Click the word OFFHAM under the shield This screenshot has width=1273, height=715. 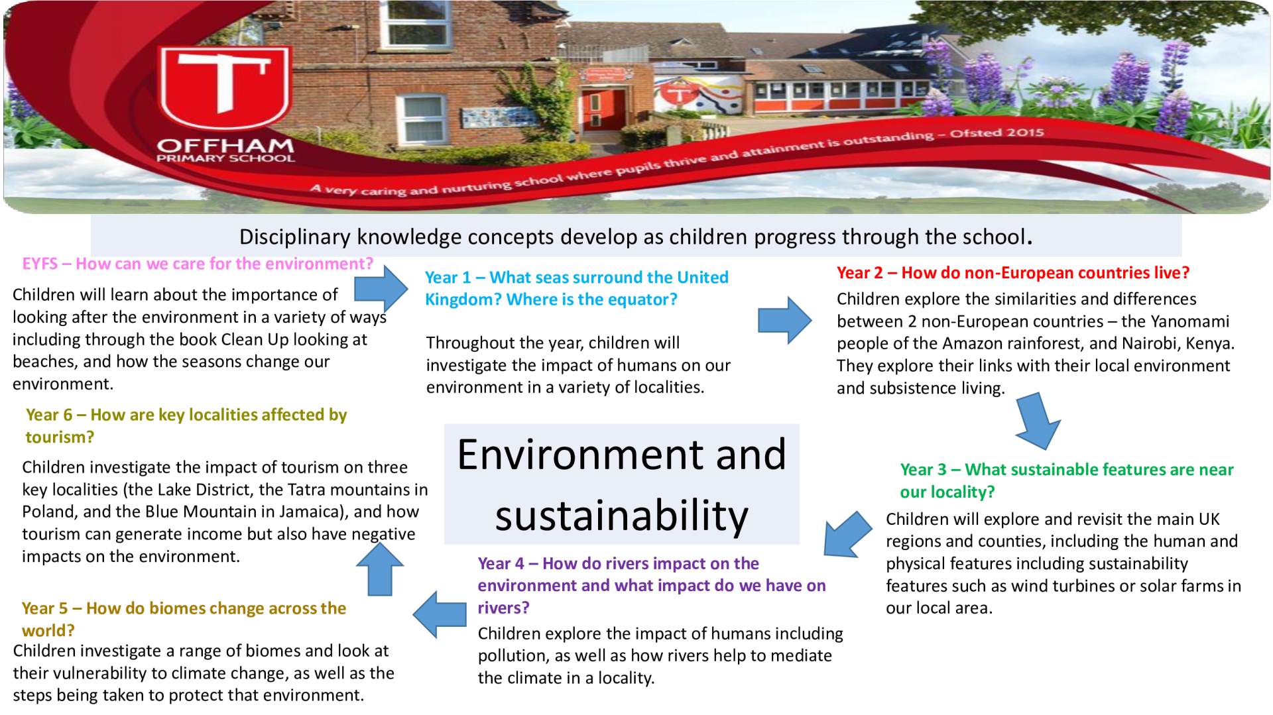point(225,145)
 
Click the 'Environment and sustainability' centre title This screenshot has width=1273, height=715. point(622,484)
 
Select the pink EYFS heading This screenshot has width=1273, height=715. point(198,264)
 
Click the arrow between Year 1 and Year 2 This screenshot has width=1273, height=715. point(785,320)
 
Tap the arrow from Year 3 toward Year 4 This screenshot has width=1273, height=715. point(847,535)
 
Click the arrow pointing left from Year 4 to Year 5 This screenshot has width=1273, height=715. point(440,614)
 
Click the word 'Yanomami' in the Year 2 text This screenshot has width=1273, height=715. point(1190,321)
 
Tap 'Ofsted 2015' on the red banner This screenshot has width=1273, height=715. point(997,133)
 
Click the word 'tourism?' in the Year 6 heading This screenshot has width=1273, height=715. point(60,437)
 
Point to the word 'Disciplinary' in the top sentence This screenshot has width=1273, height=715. point(295,237)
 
